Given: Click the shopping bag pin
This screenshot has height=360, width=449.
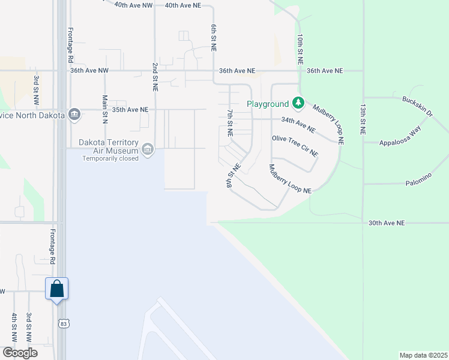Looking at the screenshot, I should pyautogui.click(x=57, y=289).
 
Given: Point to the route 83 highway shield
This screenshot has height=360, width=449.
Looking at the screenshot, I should pyautogui.click(x=63, y=323).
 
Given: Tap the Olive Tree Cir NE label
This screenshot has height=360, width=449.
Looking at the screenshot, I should pyautogui.click(x=295, y=145).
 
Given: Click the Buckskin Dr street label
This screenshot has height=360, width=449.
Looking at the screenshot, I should pyautogui.click(x=418, y=105).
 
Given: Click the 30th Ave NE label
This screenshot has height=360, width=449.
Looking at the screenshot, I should pyautogui.click(x=387, y=223).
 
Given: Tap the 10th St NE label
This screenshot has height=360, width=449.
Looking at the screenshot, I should pyautogui.click(x=300, y=49).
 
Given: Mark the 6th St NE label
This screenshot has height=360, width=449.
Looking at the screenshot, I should pyautogui.click(x=214, y=38).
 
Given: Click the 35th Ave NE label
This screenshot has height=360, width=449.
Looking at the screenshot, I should pyautogui.click(x=130, y=110).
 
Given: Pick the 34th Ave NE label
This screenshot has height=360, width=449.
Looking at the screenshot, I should pyautogui.click(x=298, y=125).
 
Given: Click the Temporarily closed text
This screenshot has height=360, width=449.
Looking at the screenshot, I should pyautogui.click(x=110, y=158).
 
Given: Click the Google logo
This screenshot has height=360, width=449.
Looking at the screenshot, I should pyautogui.click(x=20, y=353).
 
